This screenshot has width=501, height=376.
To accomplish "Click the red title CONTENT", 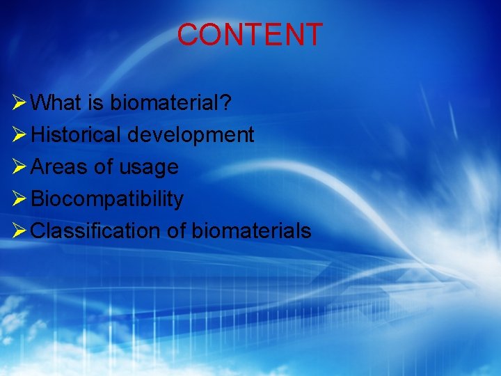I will pyautogui.click(x=250, y=35).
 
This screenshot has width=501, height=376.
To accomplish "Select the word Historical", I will pyautogui.click(x=77, y=134).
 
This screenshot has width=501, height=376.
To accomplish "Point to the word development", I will pyautogui.click(x=190, y=135).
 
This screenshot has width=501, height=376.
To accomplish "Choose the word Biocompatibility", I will pyautogui.click(x=107, y=200).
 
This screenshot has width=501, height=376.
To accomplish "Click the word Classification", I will pyautogui.click(x=96, y=230).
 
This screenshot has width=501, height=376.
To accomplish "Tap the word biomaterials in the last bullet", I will pyautogui.click(x=251, y=230).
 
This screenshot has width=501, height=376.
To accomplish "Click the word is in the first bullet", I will pyautogui.click(x=95, y=103).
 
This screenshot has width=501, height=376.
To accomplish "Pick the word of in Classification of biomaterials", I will pyautogui.click(x=176, y=230).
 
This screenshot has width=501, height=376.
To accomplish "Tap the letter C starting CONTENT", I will pyautogui.click(x=188, y=35).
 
